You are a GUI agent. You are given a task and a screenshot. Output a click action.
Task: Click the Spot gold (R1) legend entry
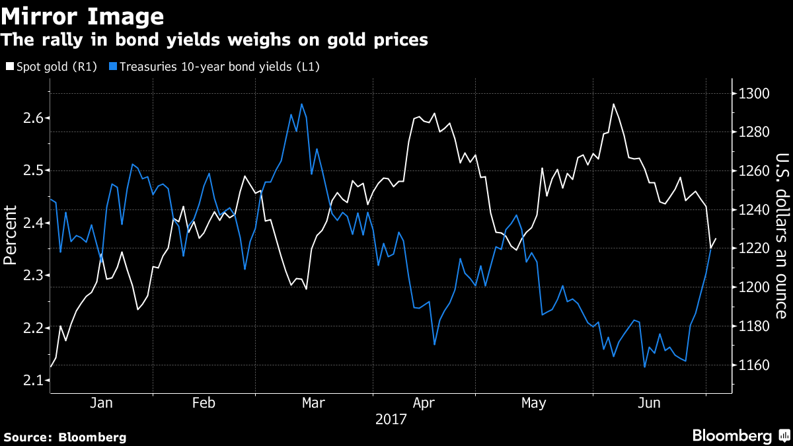(x=50, y=67)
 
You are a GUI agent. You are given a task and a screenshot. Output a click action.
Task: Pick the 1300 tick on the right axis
(x=754, y=93)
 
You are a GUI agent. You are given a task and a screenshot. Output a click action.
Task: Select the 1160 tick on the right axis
(x=754, y=365)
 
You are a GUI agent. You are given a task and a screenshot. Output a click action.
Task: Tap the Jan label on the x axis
(x=101, y=402)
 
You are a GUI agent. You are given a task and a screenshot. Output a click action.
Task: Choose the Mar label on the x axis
(x=313, y=402)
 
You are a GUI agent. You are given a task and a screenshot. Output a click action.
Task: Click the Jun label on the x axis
(x=649, y=402)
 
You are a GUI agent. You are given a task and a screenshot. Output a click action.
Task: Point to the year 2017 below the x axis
(x=391, y=419)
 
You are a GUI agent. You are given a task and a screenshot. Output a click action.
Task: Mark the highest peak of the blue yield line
(x=301, y=104)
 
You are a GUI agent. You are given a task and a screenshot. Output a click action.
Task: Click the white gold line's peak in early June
(x=613, y=104)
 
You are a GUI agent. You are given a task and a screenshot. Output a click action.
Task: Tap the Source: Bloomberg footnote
(x=65, y=437)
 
